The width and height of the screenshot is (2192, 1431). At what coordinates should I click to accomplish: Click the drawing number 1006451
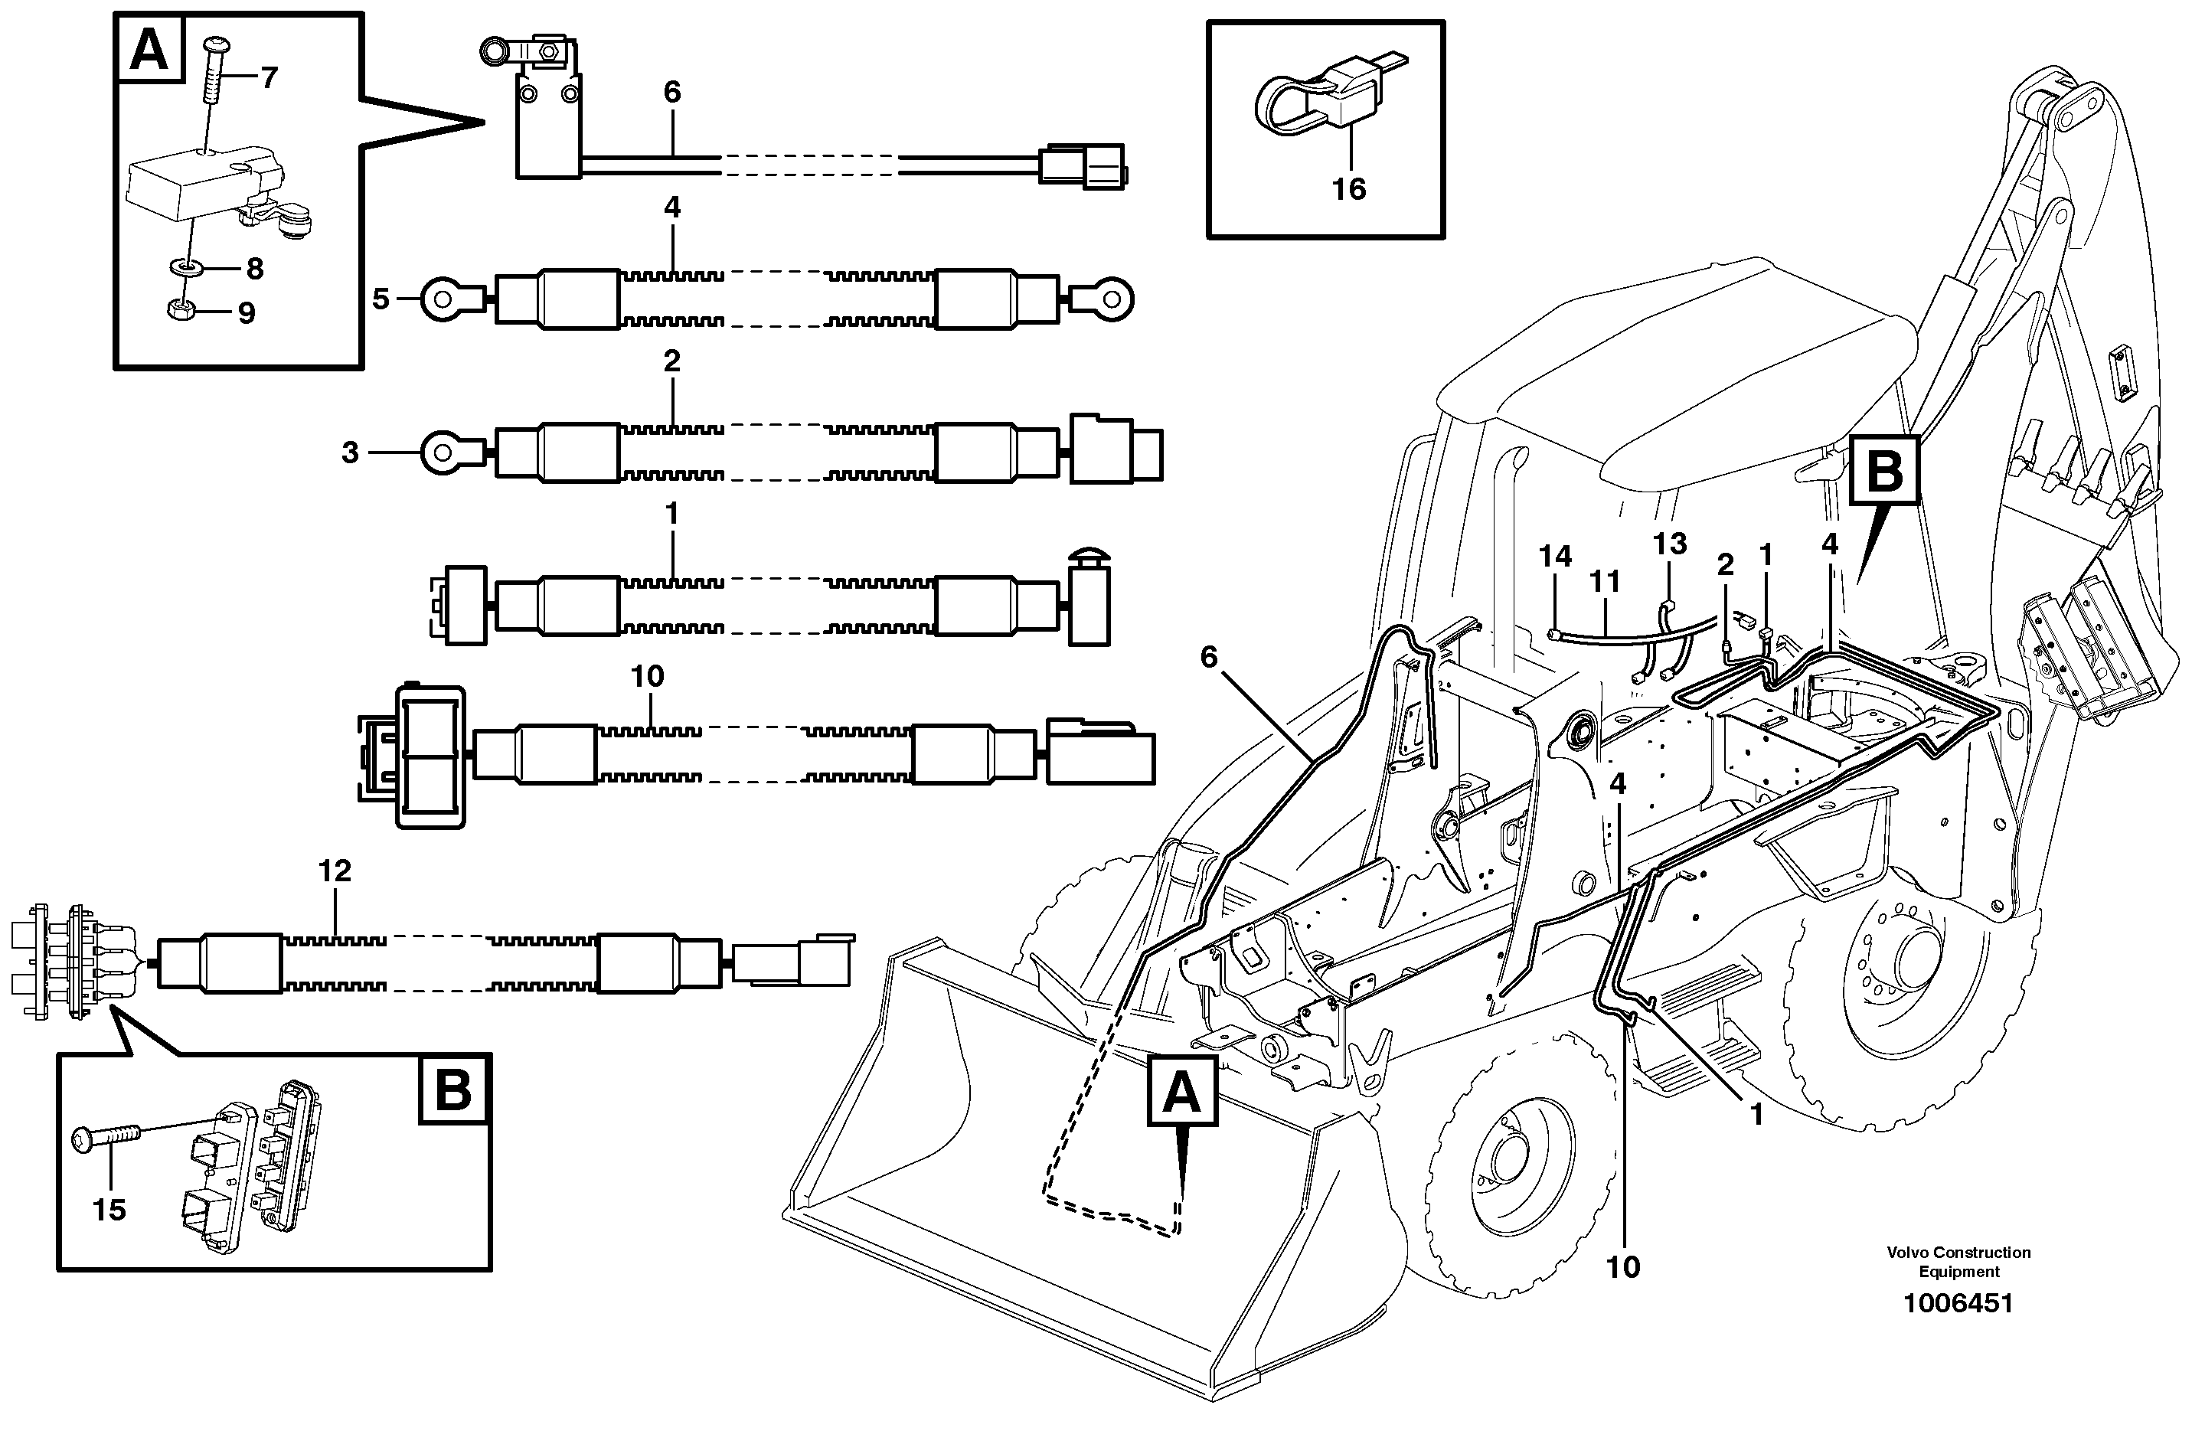click(x=1958, y=1304)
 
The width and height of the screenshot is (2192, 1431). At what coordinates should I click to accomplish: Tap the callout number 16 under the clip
click(x=1348, y=190)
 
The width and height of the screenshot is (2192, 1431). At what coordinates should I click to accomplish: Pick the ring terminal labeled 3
click(x=449, y=452)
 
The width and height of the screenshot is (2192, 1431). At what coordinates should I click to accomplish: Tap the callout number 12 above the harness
click(x=335, y=871)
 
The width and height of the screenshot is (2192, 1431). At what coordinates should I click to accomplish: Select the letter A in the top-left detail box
click(x=149, y=51)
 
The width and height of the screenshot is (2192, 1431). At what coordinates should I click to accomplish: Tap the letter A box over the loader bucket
click(x=1181, y=1092)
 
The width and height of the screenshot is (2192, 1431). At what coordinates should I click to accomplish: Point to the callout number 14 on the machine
click(x=1555, y=556)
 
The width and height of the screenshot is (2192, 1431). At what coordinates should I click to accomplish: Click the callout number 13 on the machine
click(x=1669, y=544)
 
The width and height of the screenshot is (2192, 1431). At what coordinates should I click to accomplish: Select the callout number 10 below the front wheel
click(x=1623, y=1267)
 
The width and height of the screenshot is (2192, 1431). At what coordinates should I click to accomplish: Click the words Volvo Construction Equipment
click(x=1958, y=1262)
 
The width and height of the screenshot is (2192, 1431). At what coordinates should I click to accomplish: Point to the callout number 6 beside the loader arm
click(x=1208, y=657)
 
